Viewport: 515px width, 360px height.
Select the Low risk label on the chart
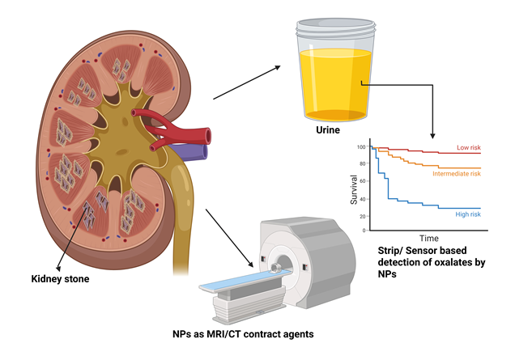[x=469, y=148]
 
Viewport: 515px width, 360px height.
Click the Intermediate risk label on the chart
[x=457, y=174]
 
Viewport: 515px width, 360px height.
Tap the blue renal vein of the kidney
[x=194, y=150]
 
